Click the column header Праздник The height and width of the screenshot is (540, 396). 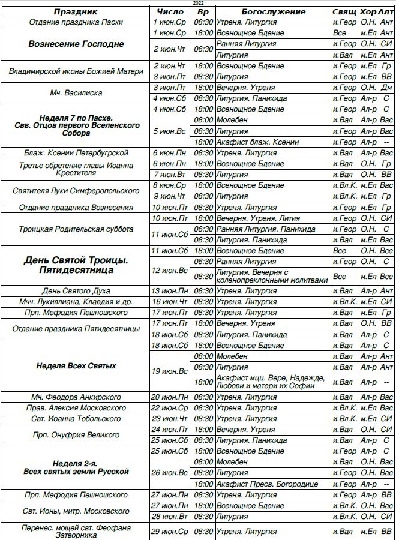click(76, 11)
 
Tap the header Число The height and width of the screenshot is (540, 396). click(170, 11)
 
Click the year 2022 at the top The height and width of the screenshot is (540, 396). click(198, 3)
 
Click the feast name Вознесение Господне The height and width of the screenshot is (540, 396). click(76, 44)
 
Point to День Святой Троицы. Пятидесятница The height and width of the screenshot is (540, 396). click(76, 265)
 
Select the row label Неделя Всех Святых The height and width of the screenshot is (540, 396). click(76, 365)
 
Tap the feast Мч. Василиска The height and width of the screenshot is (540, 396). click(76, 93)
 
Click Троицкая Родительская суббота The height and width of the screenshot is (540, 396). click(76, 229)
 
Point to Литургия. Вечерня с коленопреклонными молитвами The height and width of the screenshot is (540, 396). click(273, 276)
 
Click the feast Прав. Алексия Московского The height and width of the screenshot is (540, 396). click(76, 408)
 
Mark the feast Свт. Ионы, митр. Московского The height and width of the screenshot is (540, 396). click(76, 511)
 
